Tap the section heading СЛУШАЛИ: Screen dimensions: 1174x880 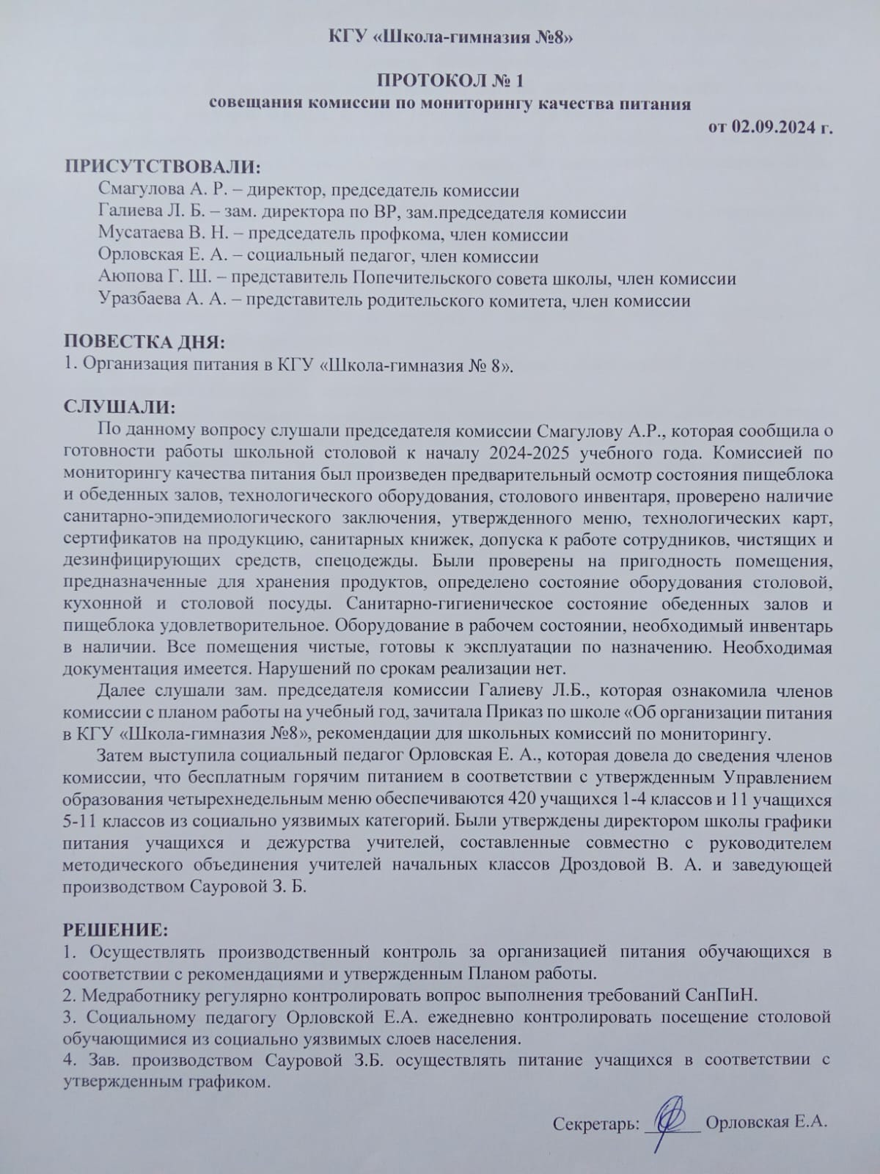click(x=120, y=406)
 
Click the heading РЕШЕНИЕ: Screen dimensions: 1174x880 click(x=115, y=930)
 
